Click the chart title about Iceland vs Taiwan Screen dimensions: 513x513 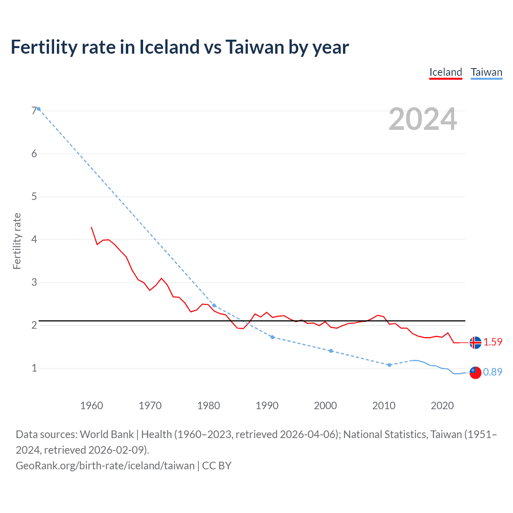[180, 47]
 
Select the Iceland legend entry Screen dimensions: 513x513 [446, 72]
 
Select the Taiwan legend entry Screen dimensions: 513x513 [486, 72]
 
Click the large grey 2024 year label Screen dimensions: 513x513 [422, 119]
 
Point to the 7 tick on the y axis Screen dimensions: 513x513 [34, 111]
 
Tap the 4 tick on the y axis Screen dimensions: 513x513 [34, 239]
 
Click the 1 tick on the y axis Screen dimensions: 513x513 [34, 368]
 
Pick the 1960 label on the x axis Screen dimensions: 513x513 [91, 406]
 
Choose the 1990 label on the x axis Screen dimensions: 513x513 [267, 406]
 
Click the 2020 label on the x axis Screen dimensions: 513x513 [442, 406]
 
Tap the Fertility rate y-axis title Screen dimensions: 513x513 [17, 241]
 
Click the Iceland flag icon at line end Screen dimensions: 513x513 [475, 343]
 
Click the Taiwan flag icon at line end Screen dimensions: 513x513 [475, 372]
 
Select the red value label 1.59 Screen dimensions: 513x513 [493, 342]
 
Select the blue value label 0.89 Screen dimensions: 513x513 [493, 372]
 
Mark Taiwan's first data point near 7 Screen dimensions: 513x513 [39, 109]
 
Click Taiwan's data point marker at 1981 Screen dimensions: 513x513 [214, 305]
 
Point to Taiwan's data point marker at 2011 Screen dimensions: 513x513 [389, 365]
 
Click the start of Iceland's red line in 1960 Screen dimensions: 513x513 [91, 227]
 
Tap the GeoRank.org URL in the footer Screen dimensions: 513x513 [105, 466]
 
